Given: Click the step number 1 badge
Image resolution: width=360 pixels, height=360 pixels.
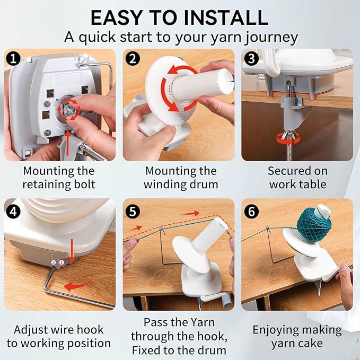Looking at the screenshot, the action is [14, 58].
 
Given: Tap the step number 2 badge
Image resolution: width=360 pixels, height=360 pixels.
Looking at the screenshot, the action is [133, 58].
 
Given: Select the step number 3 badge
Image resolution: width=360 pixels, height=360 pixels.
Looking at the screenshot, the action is [252, 58].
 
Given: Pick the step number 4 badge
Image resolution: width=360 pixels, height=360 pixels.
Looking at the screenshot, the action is [14, 211].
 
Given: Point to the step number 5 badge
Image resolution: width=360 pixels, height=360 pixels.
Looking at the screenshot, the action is [133, 211].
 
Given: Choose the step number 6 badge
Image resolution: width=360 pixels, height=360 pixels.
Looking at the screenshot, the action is [252, 211].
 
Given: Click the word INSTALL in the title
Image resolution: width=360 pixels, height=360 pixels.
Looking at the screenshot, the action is [226, 17].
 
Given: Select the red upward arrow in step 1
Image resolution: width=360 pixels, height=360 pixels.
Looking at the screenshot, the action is [68, 142].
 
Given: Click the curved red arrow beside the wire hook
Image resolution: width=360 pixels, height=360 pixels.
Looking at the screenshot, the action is [77, 285].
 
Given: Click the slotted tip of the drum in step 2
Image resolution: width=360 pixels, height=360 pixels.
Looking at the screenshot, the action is [226, 81].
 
